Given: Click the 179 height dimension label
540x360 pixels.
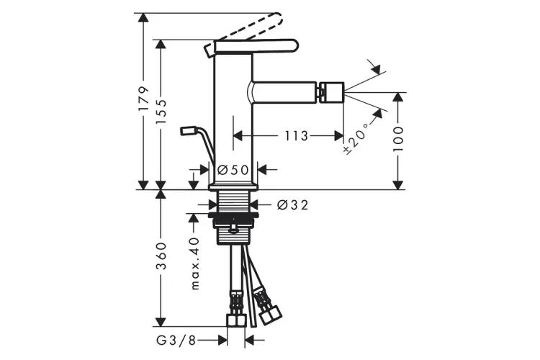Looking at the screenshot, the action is click(143, 99).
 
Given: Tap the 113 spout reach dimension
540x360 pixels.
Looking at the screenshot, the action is click(296, 136).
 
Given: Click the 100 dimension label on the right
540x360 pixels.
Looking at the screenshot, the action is click(397, 139).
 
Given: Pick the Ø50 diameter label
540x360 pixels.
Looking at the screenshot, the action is click(233, 169).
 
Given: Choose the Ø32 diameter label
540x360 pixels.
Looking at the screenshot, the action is click(292, 205).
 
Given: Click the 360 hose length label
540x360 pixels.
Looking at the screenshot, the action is click(160, 256).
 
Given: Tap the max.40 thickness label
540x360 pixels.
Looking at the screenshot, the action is click(194, 264).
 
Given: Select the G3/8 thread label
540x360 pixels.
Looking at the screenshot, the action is click(176, 341).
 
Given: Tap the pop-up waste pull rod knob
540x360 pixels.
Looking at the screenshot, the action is click(188, 130).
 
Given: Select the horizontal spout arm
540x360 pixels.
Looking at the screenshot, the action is click(282, 92).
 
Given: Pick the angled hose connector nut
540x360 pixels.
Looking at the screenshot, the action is click(270, 315).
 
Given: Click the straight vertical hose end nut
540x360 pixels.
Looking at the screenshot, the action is click(236, 320).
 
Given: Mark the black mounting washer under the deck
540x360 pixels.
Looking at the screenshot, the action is click(233, 215).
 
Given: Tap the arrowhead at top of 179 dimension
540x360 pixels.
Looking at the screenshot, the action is click(143, 17).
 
